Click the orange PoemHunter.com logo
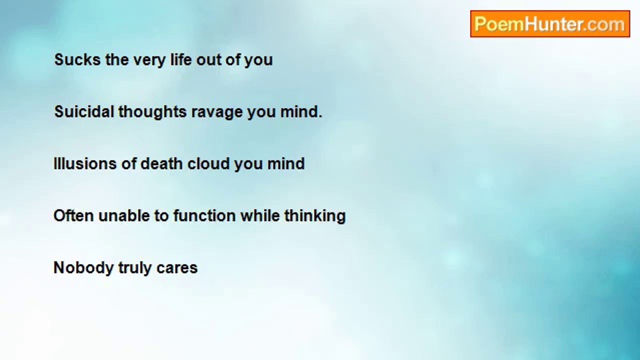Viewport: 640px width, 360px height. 550,23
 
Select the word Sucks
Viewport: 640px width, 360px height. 77,59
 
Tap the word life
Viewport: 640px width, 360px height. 181,59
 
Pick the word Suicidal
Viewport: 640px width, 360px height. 84,111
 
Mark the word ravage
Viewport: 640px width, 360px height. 217,113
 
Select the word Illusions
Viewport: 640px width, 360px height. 85,163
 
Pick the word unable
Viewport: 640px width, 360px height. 124,215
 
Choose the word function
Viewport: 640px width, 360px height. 204,215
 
